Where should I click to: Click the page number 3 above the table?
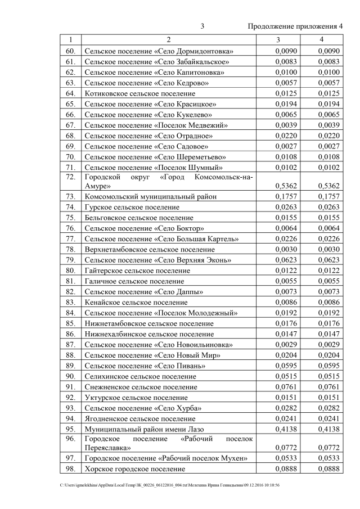(202, 26)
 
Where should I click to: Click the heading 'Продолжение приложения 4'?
(295, 26)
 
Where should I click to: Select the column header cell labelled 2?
(168, 40)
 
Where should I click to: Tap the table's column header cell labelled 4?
(321, 40)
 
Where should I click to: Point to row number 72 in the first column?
(70, 177)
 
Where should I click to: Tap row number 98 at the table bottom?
(70, 469)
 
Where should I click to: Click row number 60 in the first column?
(70, 51)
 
